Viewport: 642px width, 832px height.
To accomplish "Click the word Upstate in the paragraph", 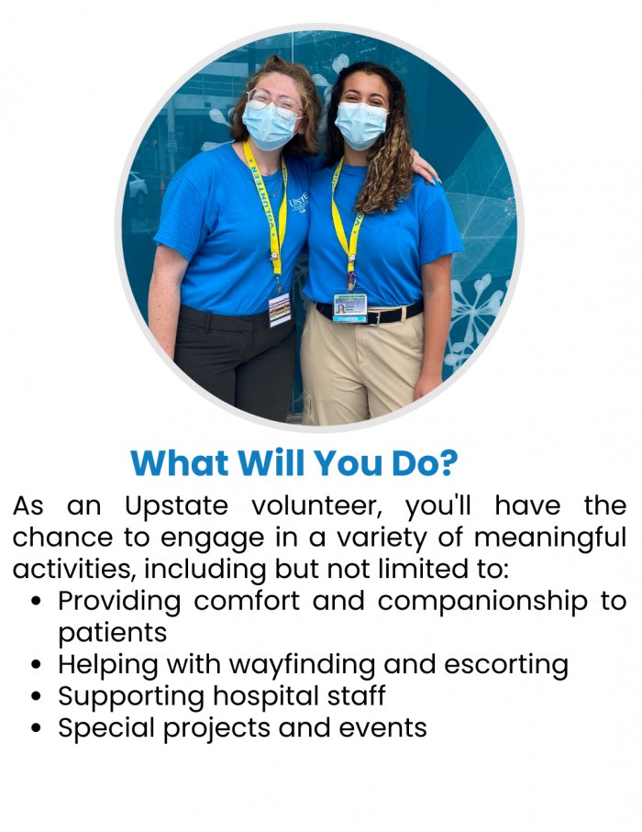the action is (x=177, y=506).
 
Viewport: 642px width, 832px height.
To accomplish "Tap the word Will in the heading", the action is (x=272, y=462).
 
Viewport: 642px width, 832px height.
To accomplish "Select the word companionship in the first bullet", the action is (x=482, y=602).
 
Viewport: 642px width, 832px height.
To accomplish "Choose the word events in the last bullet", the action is (x=383, y=728).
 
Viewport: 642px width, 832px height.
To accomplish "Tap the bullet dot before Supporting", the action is (x=36, y=696).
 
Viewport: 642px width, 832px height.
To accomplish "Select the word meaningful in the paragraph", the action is (x=550, y=538).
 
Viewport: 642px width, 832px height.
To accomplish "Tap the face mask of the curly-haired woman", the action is (x=360, y=125).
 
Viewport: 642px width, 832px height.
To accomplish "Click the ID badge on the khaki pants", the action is (x=350, y=307).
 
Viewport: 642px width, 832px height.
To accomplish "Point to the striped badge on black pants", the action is (x=280, y=309).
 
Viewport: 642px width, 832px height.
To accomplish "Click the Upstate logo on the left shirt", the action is (x=299, y=202).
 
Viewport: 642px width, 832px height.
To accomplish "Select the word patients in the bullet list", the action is (x=113, y=634).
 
